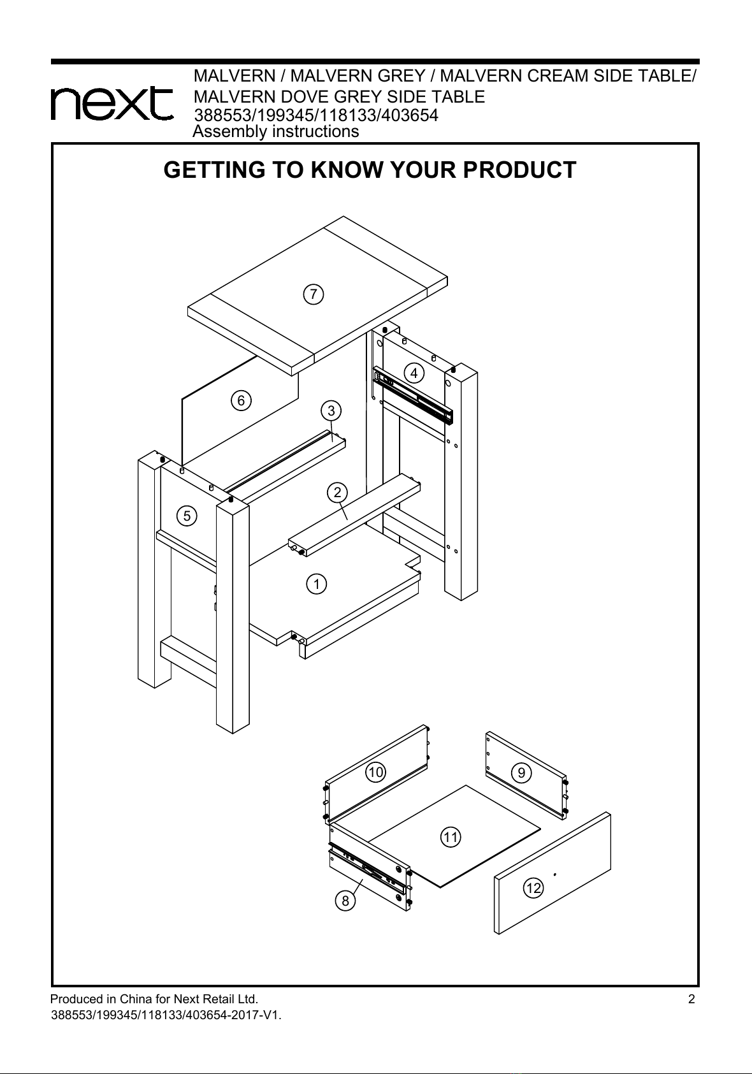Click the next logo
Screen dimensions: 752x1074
click(112, 103)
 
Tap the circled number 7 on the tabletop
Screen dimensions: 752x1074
click(314, 294)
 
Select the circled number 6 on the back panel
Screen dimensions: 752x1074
click(241, 400)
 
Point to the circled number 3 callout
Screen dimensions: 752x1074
click(331, 411)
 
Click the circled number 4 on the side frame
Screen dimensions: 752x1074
click(414, 373)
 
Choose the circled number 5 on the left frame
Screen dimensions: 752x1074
click(187, 516)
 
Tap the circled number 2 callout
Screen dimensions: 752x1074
click(337, 493)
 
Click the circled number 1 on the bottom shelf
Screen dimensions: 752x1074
click(316, 584)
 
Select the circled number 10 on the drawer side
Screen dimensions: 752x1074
click(376, 772)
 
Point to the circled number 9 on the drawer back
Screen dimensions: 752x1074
click(521, 773)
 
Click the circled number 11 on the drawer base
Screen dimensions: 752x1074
click(451, 837)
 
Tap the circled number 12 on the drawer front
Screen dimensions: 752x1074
click(533, 889)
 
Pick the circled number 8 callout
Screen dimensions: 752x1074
click(345, 901)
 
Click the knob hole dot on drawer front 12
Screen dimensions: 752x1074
click(555, 875)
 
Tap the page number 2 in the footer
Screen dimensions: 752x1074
click(691, 999)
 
